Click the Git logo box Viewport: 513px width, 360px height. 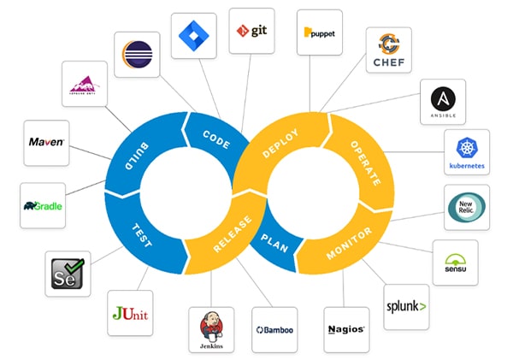tap(251, 32)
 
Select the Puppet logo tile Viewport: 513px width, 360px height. tap(320, 33)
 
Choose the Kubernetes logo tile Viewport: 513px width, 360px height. tap(466, 152)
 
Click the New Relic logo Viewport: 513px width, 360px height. tap(467, 206)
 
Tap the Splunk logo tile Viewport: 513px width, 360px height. tap(406, 305)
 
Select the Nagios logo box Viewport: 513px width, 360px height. tap(346, 328)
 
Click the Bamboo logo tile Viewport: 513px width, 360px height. tap(274, 329)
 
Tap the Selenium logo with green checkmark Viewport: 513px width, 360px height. tap(65, 274)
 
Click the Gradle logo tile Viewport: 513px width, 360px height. tap(43, 206)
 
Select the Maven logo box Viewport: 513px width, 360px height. tap(46, 142)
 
